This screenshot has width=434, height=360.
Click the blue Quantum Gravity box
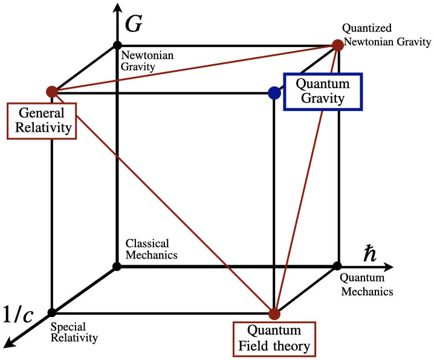point(323,91)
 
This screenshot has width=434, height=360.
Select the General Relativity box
point(41,120)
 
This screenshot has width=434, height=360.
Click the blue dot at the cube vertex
point(274,92)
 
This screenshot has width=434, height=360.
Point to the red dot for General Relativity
point(52,92)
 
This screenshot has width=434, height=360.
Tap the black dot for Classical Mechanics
point(116,266)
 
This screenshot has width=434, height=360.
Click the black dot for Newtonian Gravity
point(116,45)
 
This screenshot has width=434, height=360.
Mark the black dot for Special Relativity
point(52,312)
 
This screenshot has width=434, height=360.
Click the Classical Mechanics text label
point(151,249)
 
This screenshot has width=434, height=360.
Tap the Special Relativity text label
point(74,332)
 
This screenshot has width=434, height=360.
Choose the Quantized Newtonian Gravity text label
point(386,36)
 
